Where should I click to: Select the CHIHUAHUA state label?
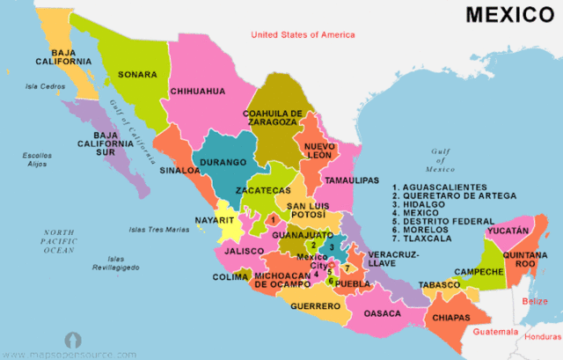(x=198, y=91)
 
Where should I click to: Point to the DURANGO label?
(x=223, y=163)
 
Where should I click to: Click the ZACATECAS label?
(x=263, y=190)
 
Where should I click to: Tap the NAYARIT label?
(x=215, y=219)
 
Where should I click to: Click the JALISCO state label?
(x=244, y=251)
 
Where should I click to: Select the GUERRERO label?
(x=315, y=306)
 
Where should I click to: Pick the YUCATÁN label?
(x=509, y=230)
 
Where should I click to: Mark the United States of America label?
(x=303, y=34)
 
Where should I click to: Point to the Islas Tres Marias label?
(x=159, y=230)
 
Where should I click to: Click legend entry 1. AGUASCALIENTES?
(x=440, y=187)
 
